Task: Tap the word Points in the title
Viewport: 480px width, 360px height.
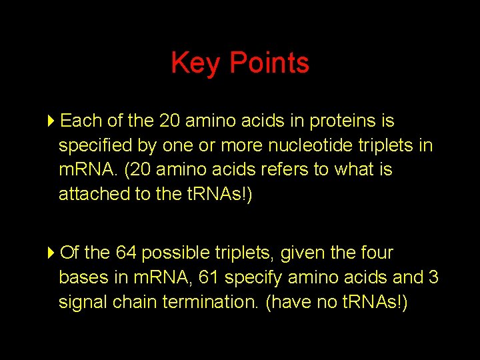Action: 269,63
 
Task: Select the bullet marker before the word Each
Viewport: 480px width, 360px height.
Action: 52,121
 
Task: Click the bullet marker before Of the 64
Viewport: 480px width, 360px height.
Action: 52,253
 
